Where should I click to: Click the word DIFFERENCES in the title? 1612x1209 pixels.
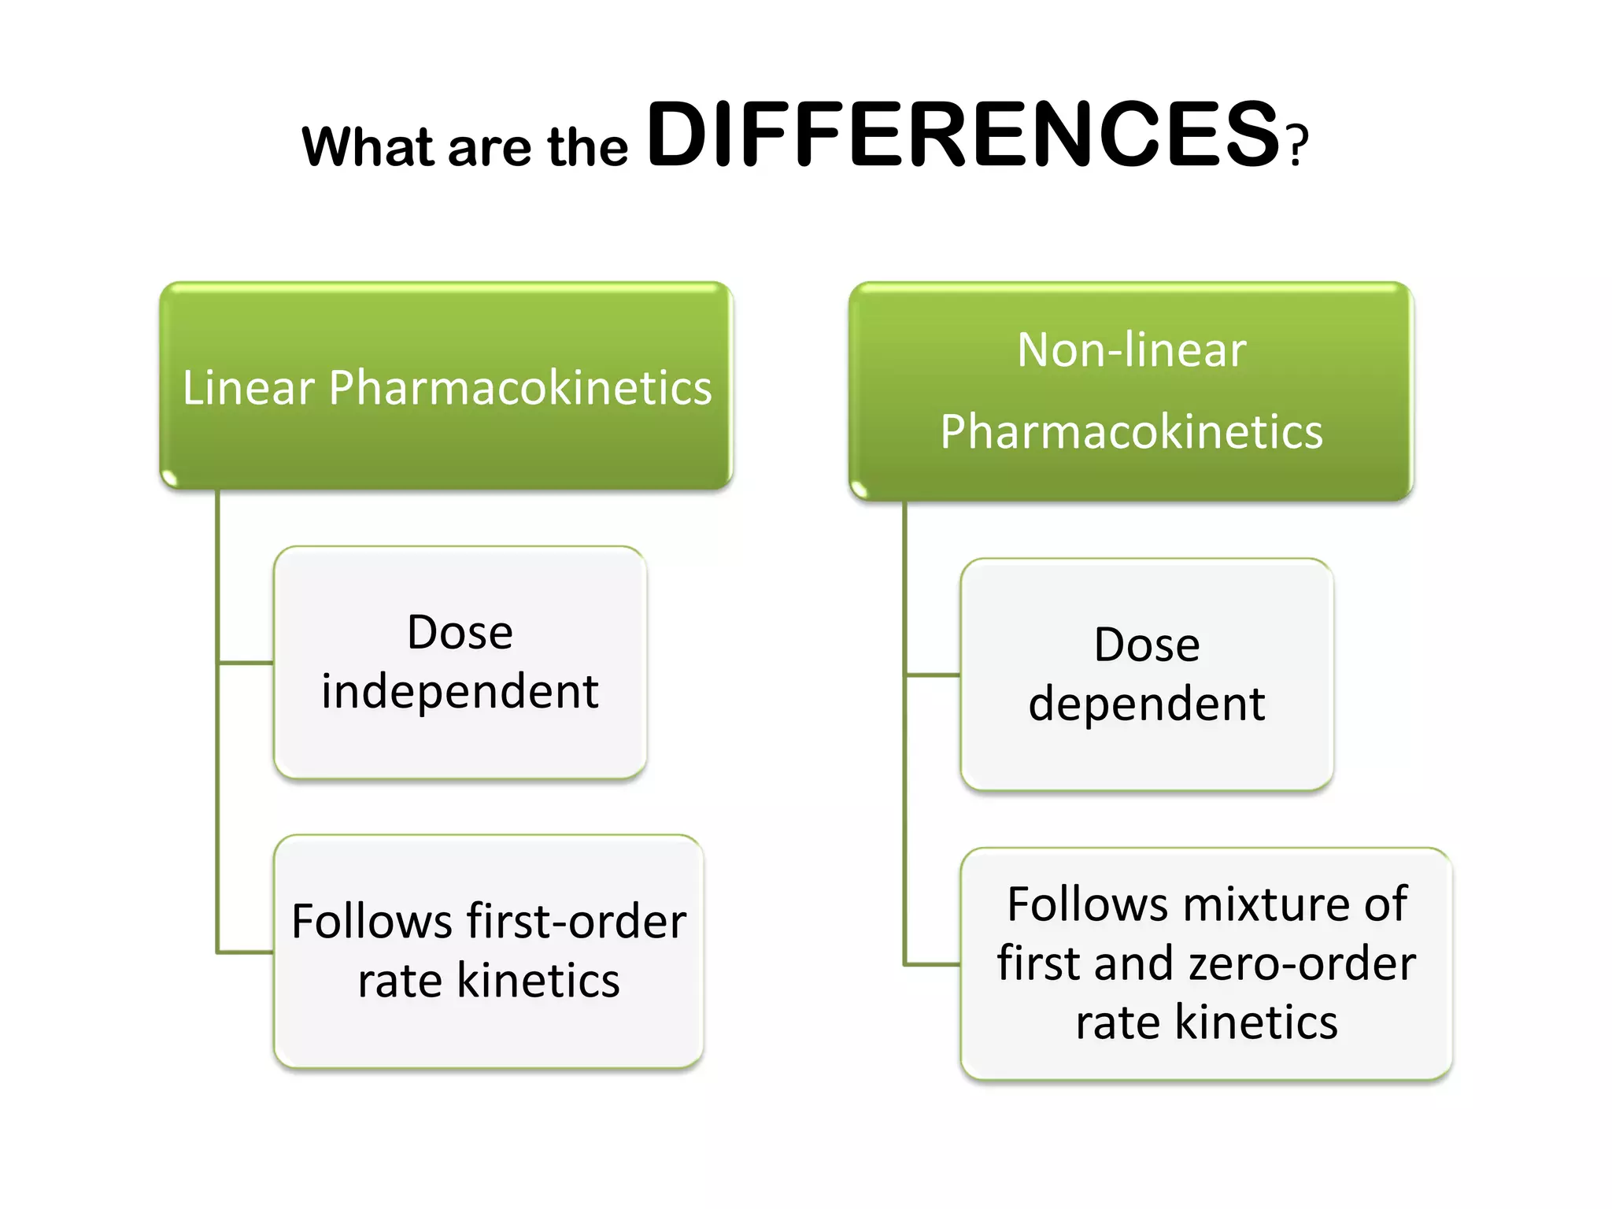point(962,135)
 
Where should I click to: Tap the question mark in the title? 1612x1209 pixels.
point(1298,146)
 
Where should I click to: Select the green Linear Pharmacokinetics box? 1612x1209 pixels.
point(446,386)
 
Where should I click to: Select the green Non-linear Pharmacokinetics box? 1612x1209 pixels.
point(1131,390)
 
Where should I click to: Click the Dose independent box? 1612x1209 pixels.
point(460,662)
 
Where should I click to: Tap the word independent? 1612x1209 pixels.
point(460,692)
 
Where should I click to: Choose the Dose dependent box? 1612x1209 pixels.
point(1147,675)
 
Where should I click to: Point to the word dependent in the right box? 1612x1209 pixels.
point(1147,703)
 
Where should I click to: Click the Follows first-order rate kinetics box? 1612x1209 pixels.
point(488,951)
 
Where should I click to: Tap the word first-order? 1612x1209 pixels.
point(576,921)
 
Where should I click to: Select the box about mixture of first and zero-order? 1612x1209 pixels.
point(1206,963)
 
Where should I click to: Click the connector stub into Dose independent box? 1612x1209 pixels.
point(246,663)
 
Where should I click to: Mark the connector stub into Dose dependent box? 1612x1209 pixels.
point(933,675)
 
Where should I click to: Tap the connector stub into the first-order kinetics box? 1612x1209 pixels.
point(246,952)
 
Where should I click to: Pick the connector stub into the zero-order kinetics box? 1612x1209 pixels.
point(933,963)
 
